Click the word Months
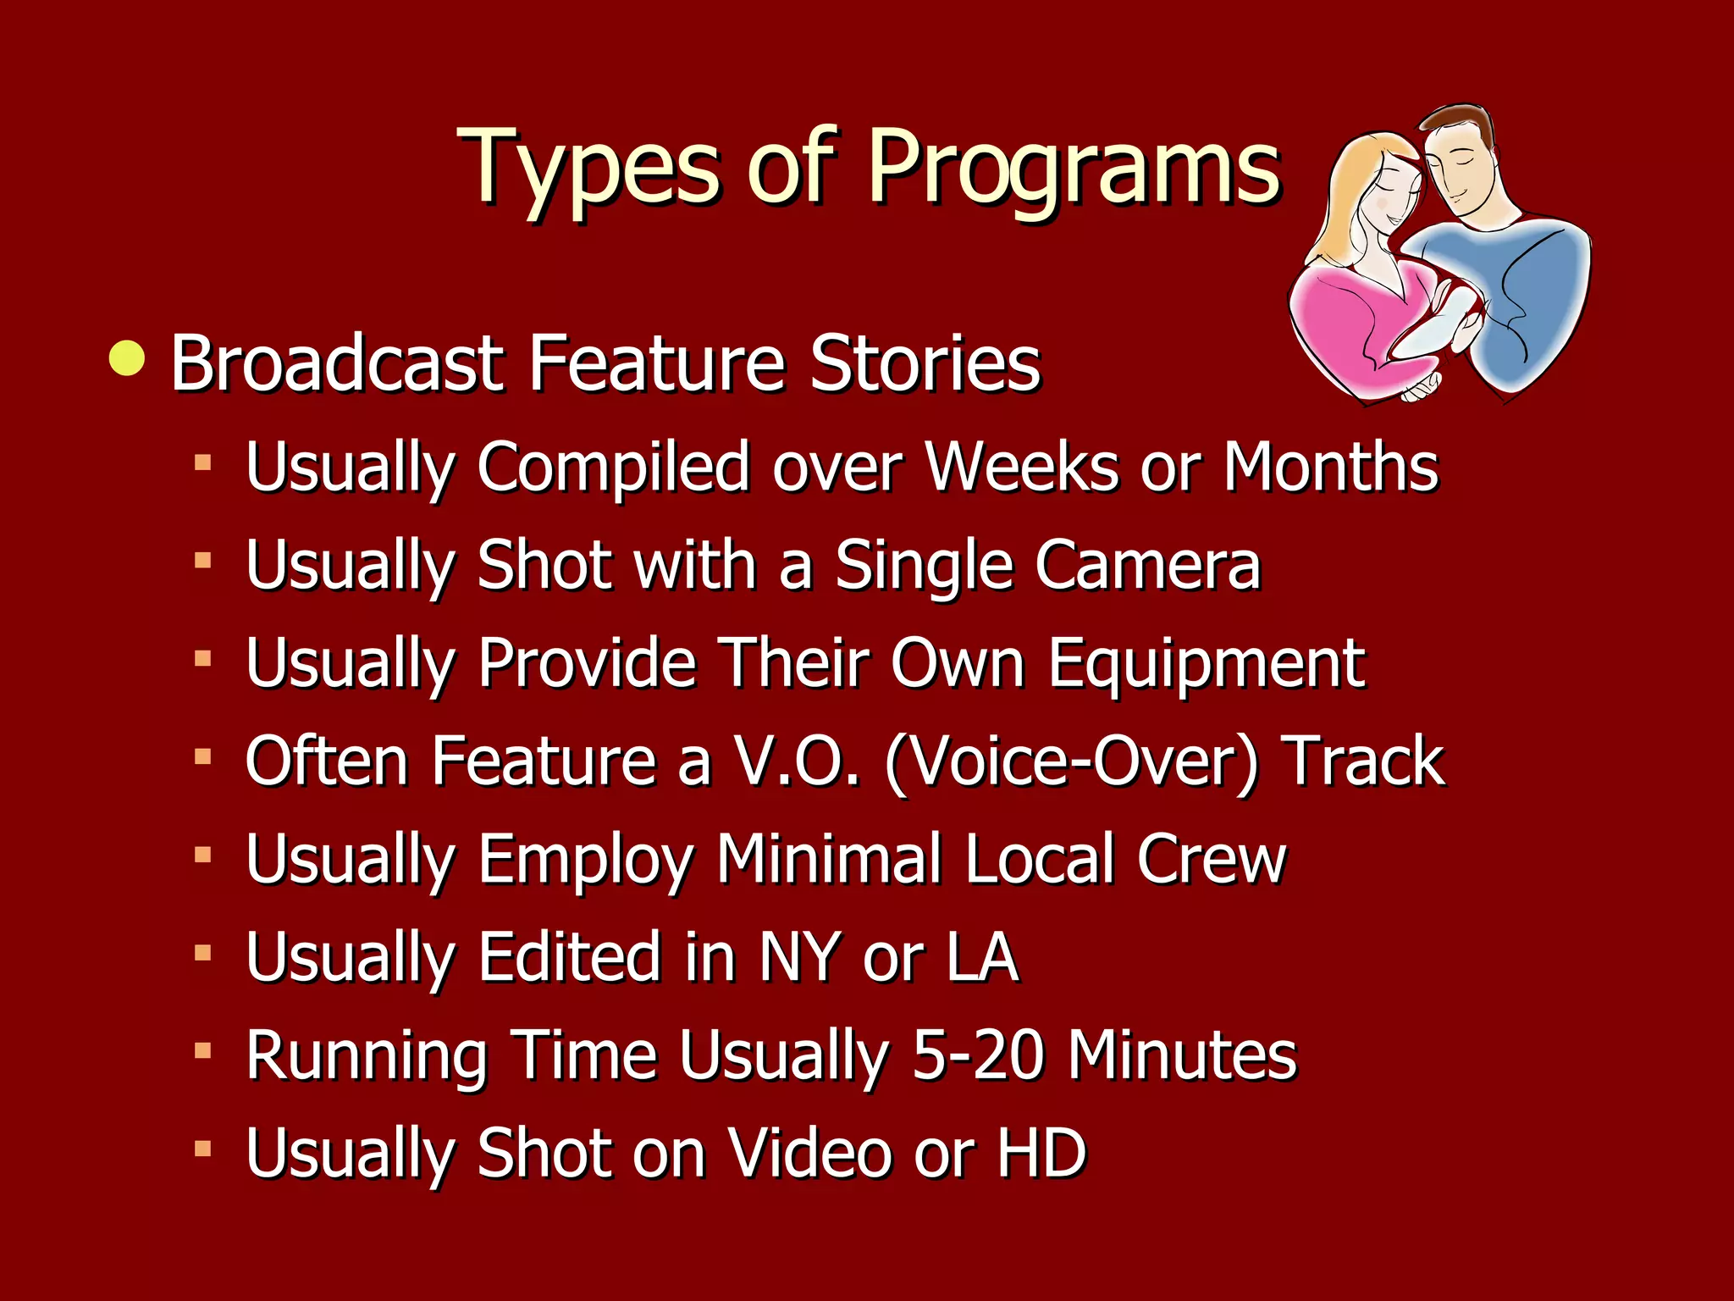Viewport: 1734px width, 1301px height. pyautogui.click(x=1330, y=467)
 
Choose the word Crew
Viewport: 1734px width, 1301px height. pyautogui.click(x=1211, y=859)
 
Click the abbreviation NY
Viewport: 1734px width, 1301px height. pyautogui.click(x=800, y=957)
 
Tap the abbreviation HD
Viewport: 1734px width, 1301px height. pyautogui.click(x=1041, y=1153)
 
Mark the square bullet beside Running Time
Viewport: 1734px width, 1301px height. pyautogui.click(x=202, y=1051)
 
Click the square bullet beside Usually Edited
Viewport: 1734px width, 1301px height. pyautogui.click(x=202, y=954)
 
